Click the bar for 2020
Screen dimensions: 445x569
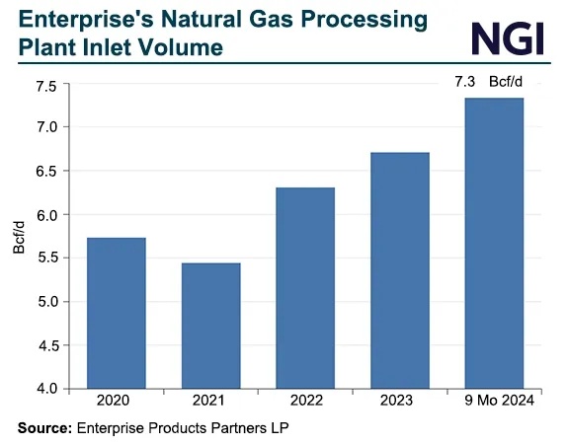coord(117,313)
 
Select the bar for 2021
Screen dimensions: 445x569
coord(210,326)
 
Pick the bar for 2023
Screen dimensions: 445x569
coord(400,270)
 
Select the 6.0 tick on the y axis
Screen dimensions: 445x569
coord(45,214)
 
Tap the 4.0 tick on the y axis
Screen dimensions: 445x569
coord(45,389)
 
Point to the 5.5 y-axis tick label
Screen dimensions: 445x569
coord(45,258)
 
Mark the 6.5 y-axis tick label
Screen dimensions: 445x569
coord(45,171)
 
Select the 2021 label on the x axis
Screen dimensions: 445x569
coord(210,403)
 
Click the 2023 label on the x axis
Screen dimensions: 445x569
coord(400,403)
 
